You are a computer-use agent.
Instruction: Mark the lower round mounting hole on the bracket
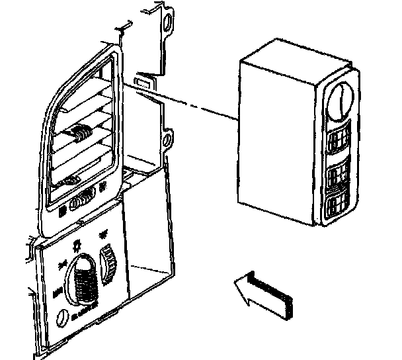(168, 140)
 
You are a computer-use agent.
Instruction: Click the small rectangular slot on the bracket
(141, 83)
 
